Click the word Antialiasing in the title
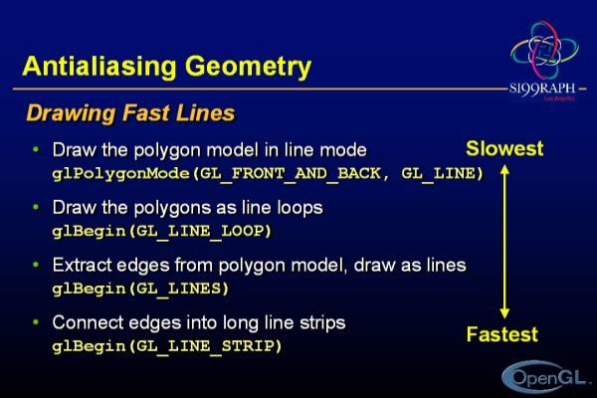tap(99, 67)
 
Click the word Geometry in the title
tap(248, 67)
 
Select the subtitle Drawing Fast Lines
tap(130, 113)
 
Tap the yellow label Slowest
tap(504, 148)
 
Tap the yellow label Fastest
tap(502, 334)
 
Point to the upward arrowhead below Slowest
tap(504, 169)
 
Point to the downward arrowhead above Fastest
tap(504, 313)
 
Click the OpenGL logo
tap(543, 377)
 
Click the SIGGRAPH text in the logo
tap(542, 89)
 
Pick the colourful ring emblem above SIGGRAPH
tap(544, 50)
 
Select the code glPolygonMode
tap(121, 174)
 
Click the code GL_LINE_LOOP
tap(199, 231)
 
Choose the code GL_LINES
tap(178, 289)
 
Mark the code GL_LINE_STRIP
tap(205, 346)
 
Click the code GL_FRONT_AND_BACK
tap(291, 174)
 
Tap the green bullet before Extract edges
tap(36, 265)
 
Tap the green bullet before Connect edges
tap(36, 321)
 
